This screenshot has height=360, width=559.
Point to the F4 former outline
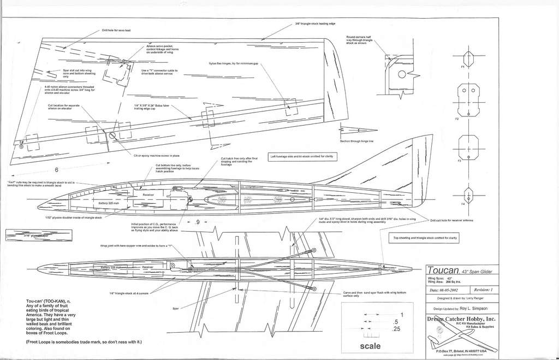tap(467, 194)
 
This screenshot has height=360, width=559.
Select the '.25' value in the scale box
tap(397, 329)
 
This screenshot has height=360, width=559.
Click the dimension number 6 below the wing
tap(56, 170)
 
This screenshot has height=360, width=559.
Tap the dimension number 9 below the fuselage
tap(198, 222)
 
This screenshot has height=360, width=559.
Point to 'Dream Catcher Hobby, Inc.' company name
tap(463, 318)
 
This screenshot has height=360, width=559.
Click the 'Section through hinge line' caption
tap(356, 141)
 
